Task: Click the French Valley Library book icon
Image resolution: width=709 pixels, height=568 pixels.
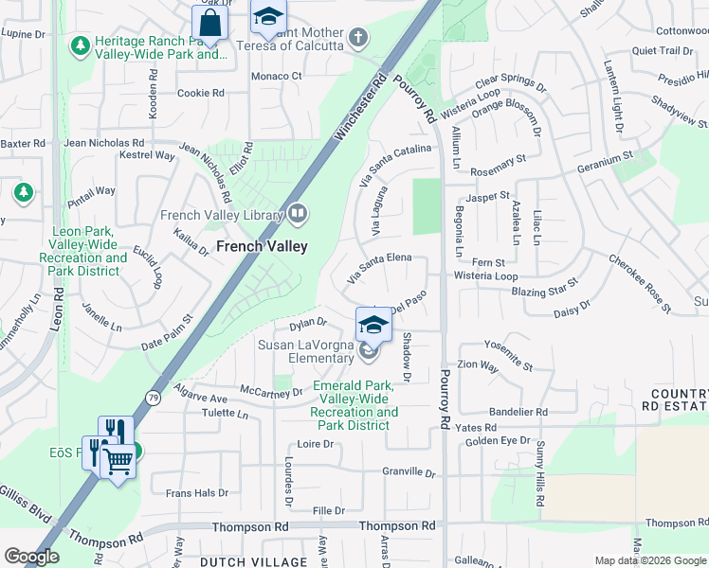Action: tap(299, 215)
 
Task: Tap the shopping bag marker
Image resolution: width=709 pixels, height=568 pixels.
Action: tap(210, 24)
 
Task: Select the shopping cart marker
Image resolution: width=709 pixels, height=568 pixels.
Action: tap(118, 463)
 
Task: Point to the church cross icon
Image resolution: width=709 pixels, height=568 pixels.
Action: tap(357, 39)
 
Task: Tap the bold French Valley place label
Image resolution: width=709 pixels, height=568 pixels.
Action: tap(262, 246)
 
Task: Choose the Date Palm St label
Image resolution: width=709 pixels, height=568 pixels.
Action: tap(168, 338)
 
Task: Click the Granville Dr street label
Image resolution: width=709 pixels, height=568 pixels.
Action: tap(408, 471)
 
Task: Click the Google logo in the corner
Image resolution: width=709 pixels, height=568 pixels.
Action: tap(31, 557)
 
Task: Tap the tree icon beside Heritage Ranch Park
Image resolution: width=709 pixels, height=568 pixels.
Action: tap(82, 45)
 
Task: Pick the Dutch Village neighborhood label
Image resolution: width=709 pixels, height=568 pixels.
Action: tap(242, 561)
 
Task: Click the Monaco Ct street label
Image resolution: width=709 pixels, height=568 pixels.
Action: tap(276, 76)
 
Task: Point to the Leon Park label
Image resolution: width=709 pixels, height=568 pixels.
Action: tap(90, 244)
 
